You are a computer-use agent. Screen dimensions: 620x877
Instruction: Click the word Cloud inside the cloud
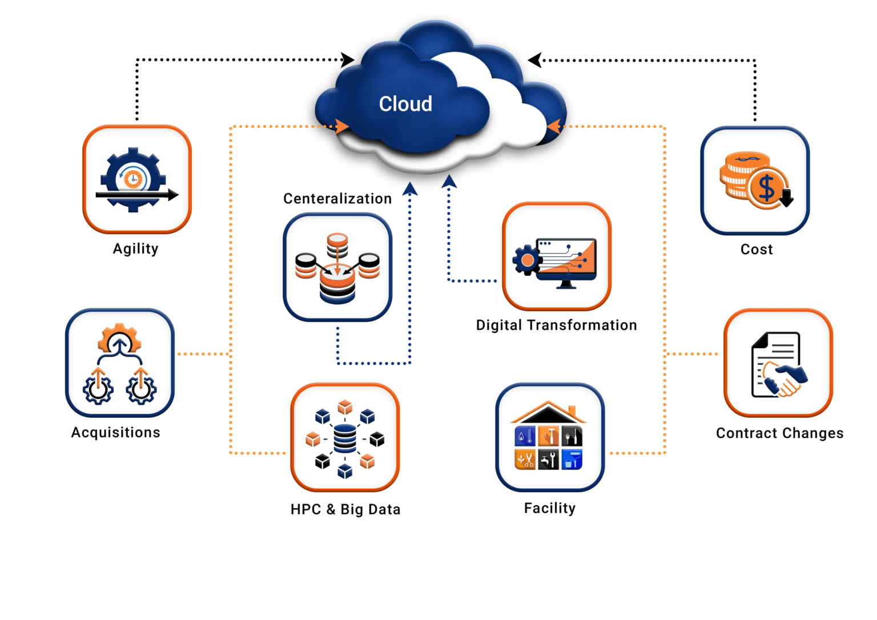tap(405, 104)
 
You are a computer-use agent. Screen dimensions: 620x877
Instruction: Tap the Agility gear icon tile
tap(137, 179)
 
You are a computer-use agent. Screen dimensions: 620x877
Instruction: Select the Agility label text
tap(135, 249)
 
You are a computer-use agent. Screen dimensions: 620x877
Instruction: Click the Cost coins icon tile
tap(755, 180)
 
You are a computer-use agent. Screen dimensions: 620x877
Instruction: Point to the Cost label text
tap(757, 249)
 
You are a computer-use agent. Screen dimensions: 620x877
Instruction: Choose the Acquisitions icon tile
tap(120, 363)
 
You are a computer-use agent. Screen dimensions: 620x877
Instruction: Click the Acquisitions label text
tap(115, 433)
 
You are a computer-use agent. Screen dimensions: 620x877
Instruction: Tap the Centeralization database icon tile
tap(337, 267)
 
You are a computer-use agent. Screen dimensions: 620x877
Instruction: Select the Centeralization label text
tap(337, 199)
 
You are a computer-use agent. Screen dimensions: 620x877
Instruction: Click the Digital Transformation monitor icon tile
tap(557, 256)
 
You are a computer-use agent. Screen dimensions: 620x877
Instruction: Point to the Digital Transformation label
tap(556, 325)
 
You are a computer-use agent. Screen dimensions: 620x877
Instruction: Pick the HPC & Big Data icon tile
tap(345, 437)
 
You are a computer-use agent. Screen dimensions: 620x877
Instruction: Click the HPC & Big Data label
tap(345, 509)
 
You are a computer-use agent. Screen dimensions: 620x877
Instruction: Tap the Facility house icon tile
tap(550, 437)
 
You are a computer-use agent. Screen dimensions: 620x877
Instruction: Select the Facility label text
tap(550, 508)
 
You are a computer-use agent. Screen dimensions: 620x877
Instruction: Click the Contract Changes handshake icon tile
tap(778, 363)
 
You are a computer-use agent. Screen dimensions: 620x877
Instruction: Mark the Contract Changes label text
tap(779, 433)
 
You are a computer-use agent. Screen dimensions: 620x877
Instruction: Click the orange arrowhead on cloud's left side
tap(342, 126)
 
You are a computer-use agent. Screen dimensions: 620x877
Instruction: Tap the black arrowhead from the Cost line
tap(534, 59)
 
